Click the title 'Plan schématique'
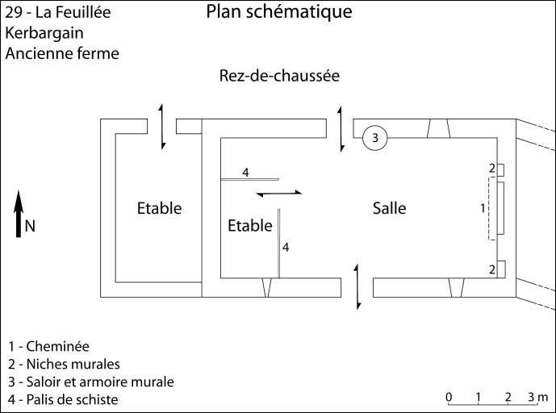coord(278,13)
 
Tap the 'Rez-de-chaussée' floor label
coord(278,77)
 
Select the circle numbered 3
coord(375,138)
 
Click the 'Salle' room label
coord(389,209)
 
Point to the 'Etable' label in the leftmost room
coord(159,209)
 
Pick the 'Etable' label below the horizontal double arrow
coord(250,226)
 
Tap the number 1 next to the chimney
coord(482,208)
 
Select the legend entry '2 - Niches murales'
coord(63,364)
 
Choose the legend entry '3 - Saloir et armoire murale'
coord(90,382)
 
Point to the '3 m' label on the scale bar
coord(537,397)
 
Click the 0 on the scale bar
coord(449,397)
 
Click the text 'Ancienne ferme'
coord(61,54)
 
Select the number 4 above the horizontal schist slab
coord(245,172)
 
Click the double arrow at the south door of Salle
coord(357,286)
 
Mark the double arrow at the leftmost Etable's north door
coord(162,126)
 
